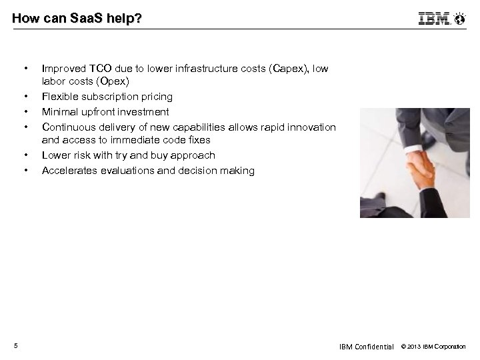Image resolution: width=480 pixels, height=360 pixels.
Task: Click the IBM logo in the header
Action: tap(434, 19)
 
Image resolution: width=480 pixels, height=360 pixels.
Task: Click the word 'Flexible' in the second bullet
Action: tap(59, 97)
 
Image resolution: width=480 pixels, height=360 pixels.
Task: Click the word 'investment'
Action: tap(145, 111)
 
